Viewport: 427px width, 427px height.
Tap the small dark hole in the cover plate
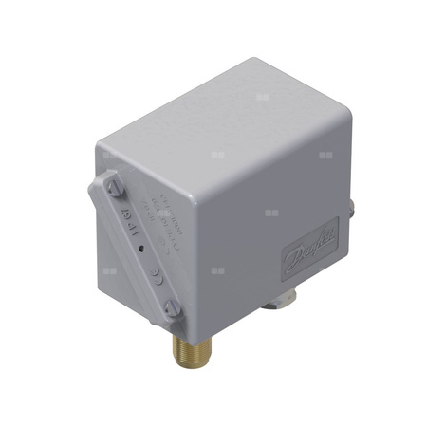139,249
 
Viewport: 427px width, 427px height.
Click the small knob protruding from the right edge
352,203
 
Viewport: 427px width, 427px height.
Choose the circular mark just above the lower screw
159,283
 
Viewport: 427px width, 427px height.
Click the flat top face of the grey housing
228,133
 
